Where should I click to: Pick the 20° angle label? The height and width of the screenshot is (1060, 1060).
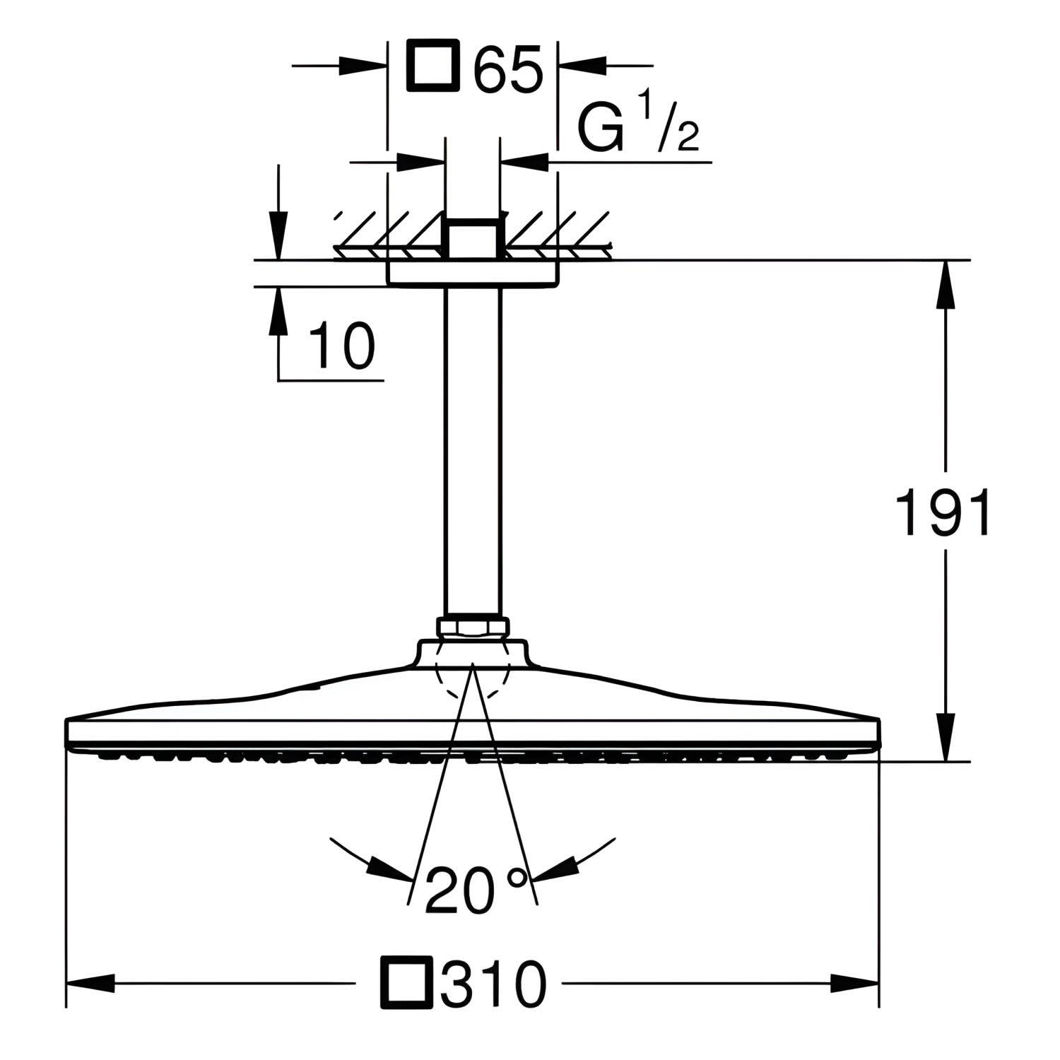tap(476, 890)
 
